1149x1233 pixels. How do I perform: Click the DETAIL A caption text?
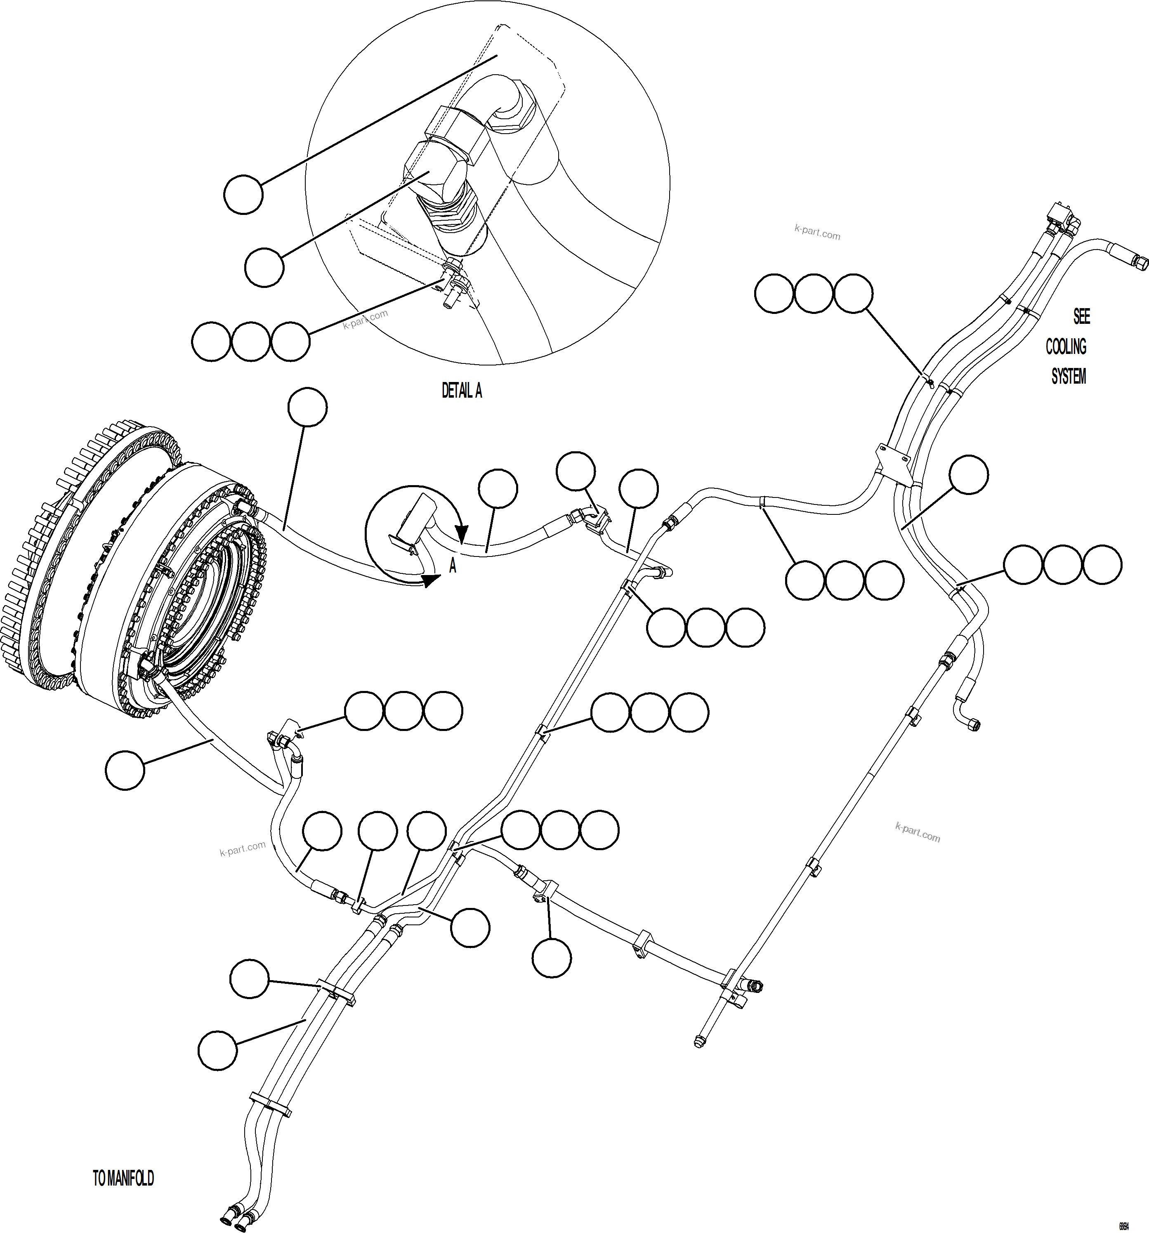coord(462,391)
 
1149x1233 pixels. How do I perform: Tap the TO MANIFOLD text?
coord(123,1179)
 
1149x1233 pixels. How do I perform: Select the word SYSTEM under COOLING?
coord(1069,377)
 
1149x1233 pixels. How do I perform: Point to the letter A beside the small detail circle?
coord(452,566)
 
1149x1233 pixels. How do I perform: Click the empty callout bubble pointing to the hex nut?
coord(264,267)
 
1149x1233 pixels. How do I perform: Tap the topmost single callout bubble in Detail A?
coord(243,195)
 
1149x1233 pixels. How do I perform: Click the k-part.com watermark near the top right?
coord(817,233)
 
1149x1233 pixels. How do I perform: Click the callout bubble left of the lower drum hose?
coord(125,770)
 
